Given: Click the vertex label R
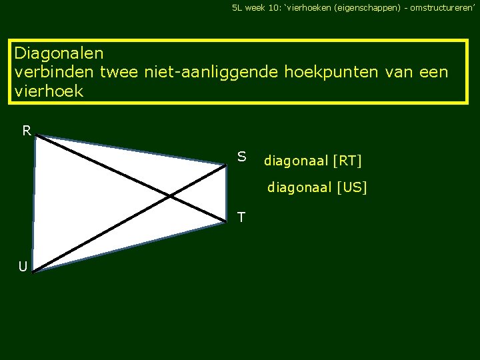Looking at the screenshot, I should (27, 131).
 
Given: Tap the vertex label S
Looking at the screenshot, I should (242, 157).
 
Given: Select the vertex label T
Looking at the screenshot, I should (241, 217).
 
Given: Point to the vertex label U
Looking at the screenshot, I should (23, 267).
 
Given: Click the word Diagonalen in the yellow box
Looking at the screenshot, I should (59, 52).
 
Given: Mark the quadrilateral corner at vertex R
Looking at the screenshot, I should (36, 137).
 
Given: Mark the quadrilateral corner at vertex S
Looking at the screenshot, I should (226, 164).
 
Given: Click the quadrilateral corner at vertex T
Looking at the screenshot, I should (226, 223).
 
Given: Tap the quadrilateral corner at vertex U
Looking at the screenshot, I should (32, 271).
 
